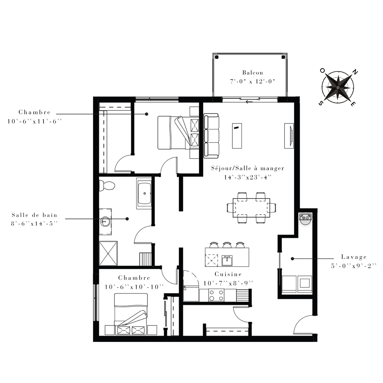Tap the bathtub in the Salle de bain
pos(144,193)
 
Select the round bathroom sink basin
pos(105,221)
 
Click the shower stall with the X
pos(108,253)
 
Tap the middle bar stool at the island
pos(227,245)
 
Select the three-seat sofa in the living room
pos(211,136)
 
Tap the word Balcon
pos(253,73)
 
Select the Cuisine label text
pos(228,274)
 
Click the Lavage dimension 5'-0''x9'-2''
pos(354,266)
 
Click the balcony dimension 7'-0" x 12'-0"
pos(253,81)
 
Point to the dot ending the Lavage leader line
pos(292,259)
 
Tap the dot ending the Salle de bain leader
pos(127,219)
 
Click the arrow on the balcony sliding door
pos(249,102)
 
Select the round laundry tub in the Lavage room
pos(305,220)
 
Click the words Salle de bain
pos(34,215)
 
